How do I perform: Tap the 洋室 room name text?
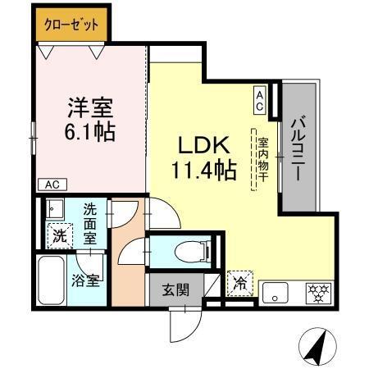point(89,107)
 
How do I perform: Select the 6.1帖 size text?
point(89,131)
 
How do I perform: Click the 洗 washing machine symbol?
point(60,235)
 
